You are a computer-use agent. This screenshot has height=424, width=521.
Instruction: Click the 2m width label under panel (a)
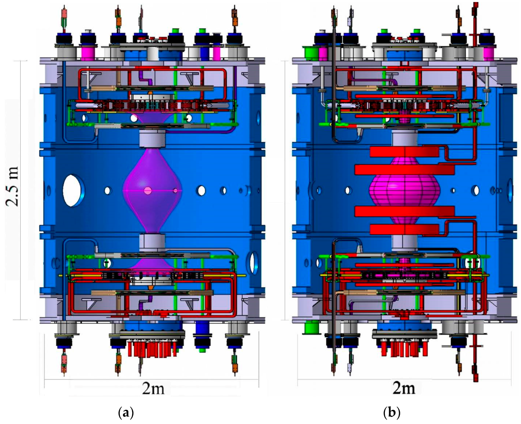coord(153,389)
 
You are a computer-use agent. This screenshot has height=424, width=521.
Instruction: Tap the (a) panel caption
coord(126,412)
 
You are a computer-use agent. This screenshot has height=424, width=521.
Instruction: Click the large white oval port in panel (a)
coord(72,190)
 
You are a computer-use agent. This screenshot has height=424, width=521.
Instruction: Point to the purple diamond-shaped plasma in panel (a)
coord(153,190)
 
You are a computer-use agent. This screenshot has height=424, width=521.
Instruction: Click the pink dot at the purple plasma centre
coord(148,190)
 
